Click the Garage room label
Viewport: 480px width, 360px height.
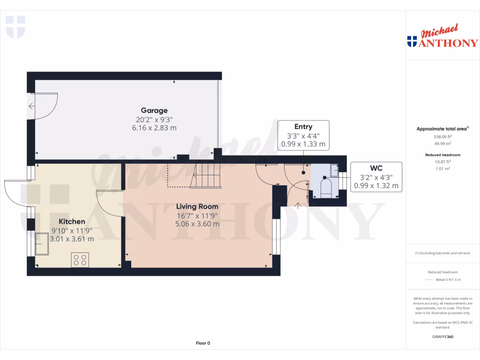pos(154,111)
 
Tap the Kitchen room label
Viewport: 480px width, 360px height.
pos(72,221)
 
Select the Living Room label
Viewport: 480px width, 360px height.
pos(197,206)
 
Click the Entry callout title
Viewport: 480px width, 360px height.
pos(303,127)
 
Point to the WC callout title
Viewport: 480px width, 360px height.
pos(376,168)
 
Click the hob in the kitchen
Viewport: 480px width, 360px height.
pos(80,260)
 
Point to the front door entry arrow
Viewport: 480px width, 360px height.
pos(298,205)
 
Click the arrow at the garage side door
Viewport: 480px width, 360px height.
pos(31,106)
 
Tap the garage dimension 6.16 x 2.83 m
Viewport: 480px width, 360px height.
pos(154,127)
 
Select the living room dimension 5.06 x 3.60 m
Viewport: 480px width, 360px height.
pos(197,224)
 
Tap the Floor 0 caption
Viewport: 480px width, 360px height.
pos(203,343)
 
